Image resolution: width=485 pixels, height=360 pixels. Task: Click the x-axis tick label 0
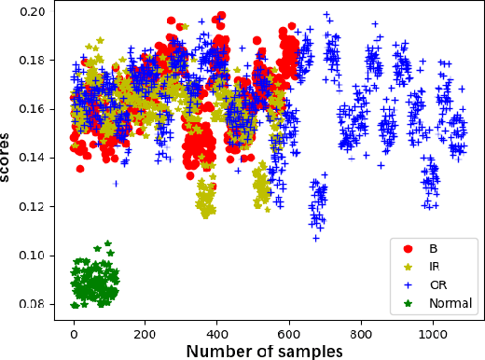(x=75, y=330)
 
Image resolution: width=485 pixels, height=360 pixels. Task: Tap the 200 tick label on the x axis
(x=145, y=330)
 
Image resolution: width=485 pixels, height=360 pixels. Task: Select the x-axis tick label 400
(x=217, y=330)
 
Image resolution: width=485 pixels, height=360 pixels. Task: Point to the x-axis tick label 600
(x=289, y=330)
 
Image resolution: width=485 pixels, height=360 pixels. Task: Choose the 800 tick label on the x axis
(x=361, y=330)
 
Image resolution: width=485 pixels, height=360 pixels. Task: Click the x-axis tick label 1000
(x=433, y=330)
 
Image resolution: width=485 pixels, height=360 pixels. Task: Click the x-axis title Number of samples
(x=264, y=350)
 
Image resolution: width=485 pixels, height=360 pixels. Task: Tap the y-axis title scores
(x=8, y=159)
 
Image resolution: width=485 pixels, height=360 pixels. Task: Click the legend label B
(x=433, y=249)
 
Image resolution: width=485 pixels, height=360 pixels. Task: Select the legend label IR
(x=436, y=267)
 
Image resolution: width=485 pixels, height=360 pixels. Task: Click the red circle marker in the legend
(x=407, y=249)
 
